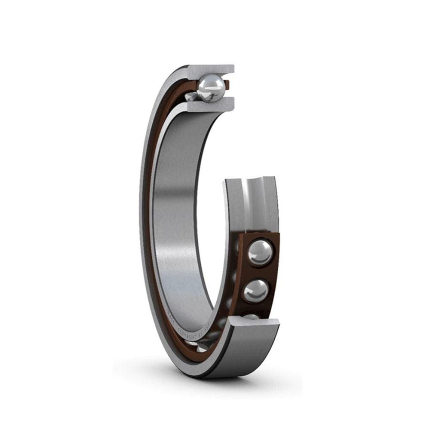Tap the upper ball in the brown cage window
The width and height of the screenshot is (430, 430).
pyautogui.click(x=260, y=252)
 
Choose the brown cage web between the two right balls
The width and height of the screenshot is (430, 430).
pyautogui.click(x=258, y=272)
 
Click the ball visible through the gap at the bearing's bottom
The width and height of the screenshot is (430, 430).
pyautogui.click(x=202, y=347)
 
